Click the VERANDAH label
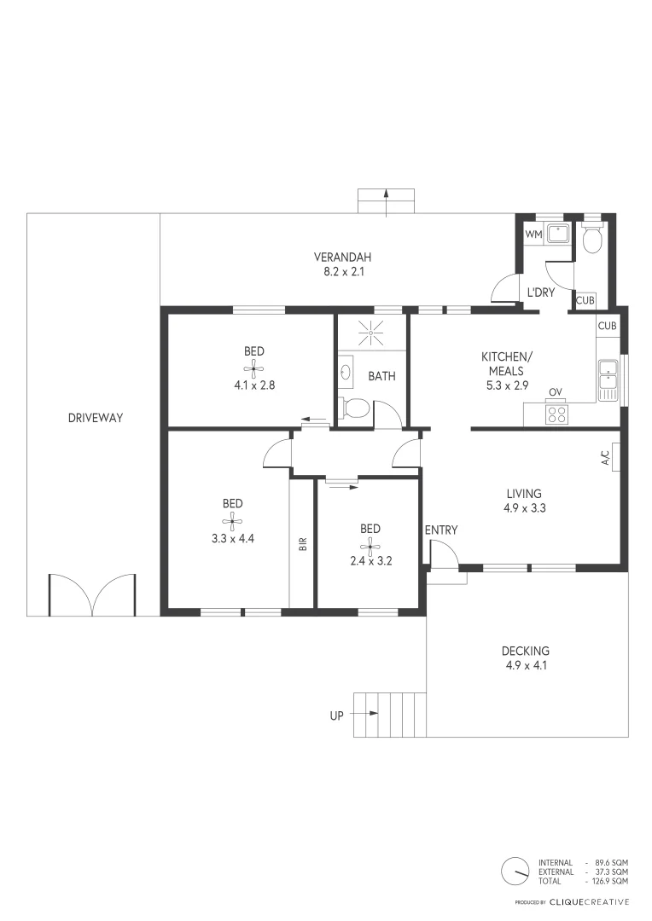(x=342, y=257)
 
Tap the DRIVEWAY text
(x=96, y=418)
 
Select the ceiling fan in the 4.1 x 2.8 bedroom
(x=253, y=368)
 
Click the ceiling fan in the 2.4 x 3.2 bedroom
(x=370, y=546)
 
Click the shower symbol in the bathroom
(x=371, y=332)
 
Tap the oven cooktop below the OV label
(x=556, y=414)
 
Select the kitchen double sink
(x=608, y=379)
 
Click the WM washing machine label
(x=533, y=234)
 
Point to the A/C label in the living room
(x=606, y=459)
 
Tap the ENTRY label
(x=441, y=530)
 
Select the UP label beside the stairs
(x=336, y=715)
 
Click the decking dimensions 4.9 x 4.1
(x=525, y=665)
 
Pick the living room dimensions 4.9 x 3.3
(x=525, y=508)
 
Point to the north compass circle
(x=515, y=871)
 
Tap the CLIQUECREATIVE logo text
(x=589, y=901)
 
